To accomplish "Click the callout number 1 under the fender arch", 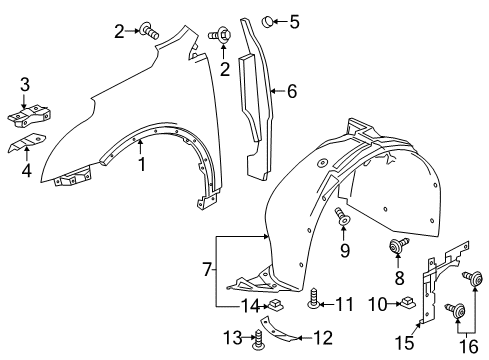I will (x=142, y=164).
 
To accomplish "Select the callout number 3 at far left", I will (x=26, y=83).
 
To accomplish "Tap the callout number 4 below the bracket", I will (x=26, y=169).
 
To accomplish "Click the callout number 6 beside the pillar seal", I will (x=291, y=91).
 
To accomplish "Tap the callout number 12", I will (x=322, y=336).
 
